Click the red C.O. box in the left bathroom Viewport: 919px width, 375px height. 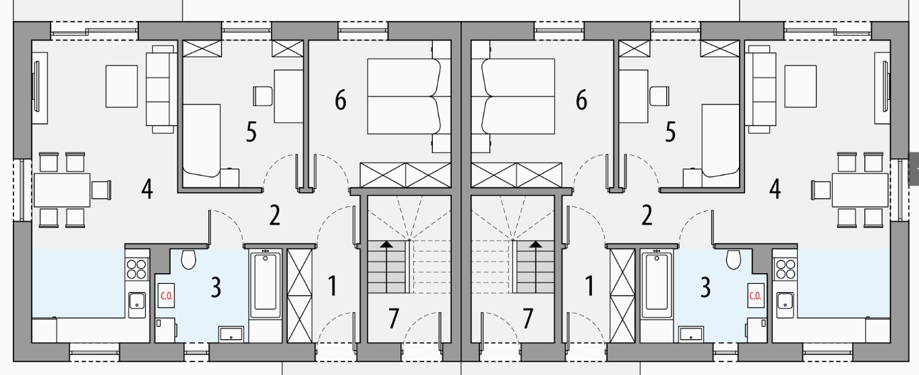[x=166, y=295]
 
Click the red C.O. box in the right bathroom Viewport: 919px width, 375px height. [x=755, y=295]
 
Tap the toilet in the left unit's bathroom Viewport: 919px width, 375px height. [x=188, y=259]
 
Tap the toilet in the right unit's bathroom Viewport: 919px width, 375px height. [x=734, y=259]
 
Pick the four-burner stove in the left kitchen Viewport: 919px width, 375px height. [x=137, y=269]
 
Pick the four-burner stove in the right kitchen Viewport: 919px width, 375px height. [x=784, y=269]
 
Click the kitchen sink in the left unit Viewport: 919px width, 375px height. [x=137, y=304]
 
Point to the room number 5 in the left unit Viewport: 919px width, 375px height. [x=251, y=132]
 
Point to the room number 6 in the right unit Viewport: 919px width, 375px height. [x=581, y=100]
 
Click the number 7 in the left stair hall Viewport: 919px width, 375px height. [x=394, y=318]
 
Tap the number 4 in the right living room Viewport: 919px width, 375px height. [x=775, y=189]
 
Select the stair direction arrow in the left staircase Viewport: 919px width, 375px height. [x=386, y=267]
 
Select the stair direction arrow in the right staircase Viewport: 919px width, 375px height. [x=535, y=267]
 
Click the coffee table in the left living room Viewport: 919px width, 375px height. [x=121, y=86]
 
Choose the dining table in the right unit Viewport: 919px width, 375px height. [x=860, y=190]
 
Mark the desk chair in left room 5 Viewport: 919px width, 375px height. [x=263, y=96]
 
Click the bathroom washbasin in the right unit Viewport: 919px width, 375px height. [x=691, y=334]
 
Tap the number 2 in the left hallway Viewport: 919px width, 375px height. [x=275, y=215]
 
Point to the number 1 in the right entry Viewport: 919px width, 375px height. [x=589, y=286]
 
